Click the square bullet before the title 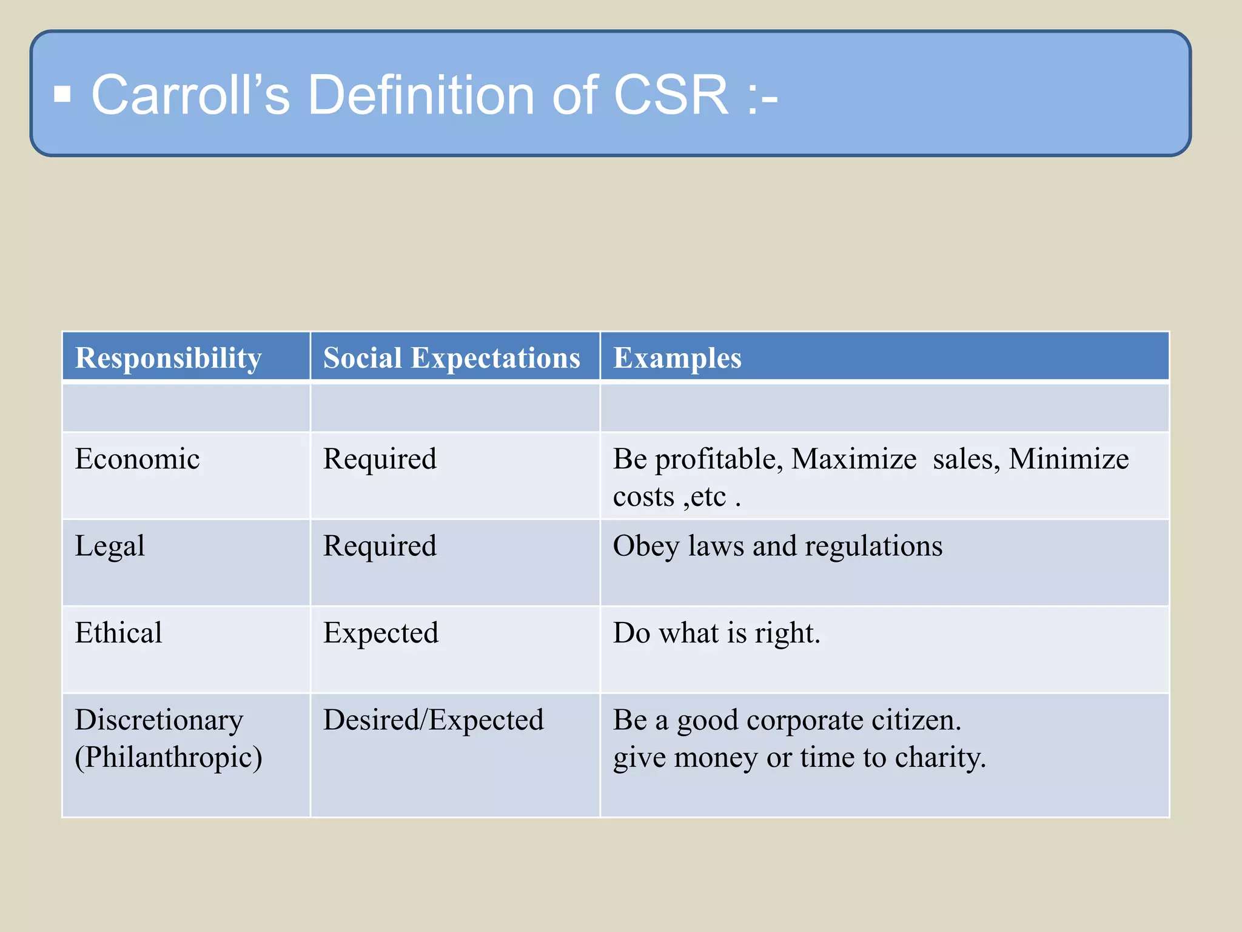(x=62, y=95)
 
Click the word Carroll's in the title (x=190, y=95)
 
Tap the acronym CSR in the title (x=671, y=95)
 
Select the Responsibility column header (x=168, y=357)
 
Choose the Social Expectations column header (x=451, y=357)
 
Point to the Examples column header (x=677, y=357)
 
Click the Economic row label (x=137, y=459)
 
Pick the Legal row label (x=110, y=545)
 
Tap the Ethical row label (x=118, y=633)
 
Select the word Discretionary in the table (x=159, y=720)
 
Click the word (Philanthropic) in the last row (x=168, y=757)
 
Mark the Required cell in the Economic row (x=380, y=459)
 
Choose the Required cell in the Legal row (x=380, y=545)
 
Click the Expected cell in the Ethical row (x=380, y=633)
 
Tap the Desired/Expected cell (x=433, y=720)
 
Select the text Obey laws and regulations (x=777, y=545)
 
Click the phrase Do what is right (x=716, y=633)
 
